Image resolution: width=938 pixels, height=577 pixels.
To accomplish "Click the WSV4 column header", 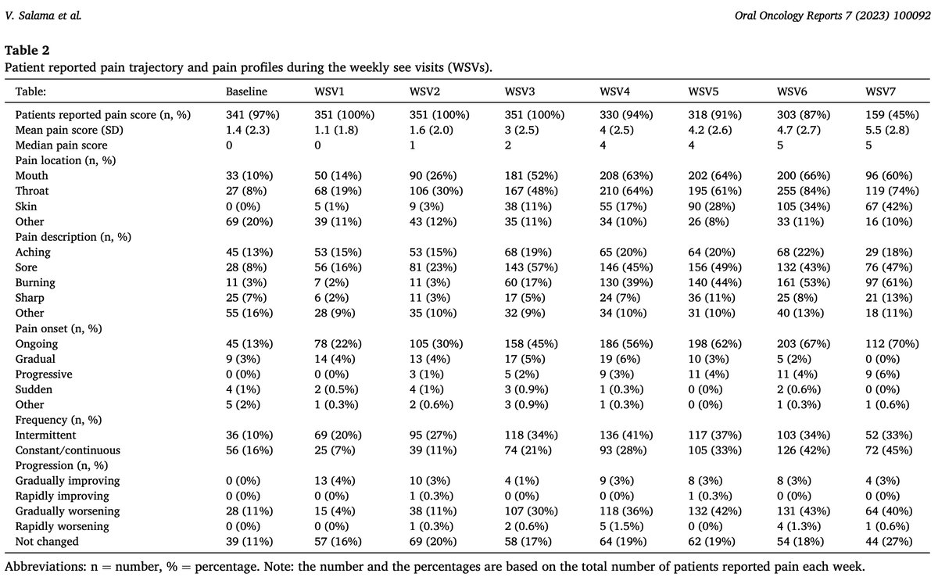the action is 614,91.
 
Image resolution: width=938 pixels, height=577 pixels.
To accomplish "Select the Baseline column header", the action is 246,91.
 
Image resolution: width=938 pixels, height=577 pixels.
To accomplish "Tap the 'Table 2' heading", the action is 27,50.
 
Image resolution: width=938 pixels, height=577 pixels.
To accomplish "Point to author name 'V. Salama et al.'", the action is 43,16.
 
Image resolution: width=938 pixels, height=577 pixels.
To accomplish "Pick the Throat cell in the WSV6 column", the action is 804,191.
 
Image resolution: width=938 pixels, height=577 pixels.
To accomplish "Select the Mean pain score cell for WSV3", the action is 521,131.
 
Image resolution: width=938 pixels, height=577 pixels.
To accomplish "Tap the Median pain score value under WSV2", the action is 413,145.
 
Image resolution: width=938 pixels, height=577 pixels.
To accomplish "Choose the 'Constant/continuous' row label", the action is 68,450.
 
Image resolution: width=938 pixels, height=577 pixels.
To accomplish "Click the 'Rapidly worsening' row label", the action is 62,526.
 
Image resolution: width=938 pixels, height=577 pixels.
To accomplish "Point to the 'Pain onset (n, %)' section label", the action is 59,328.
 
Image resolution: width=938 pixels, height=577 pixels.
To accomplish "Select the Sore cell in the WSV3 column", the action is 531,267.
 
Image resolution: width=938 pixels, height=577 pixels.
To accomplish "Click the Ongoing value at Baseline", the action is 249,344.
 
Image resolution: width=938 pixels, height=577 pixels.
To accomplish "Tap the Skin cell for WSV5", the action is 711,206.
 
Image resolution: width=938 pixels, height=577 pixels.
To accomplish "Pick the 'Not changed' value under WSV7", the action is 889,542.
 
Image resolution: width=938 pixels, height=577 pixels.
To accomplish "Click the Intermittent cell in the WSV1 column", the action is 338,435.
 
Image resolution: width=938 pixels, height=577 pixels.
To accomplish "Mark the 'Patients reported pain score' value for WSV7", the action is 892,115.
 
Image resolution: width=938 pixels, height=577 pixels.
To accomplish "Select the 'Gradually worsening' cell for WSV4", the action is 626,511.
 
